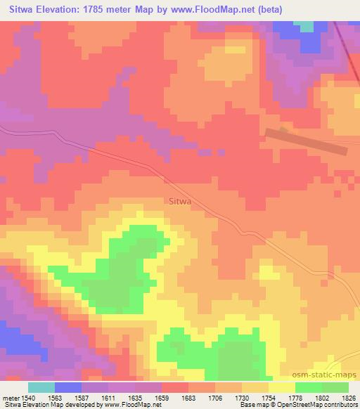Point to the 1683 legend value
[x=188, y=398]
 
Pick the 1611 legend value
[x=108, y=398]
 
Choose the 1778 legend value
[x=295, y=398]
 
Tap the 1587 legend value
[x=82, y=398]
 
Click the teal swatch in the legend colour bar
[x=41, y=387]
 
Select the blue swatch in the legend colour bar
[x=68, y=387]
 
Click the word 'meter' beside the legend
[x=9, y=398]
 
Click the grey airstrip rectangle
[x=306, y=141]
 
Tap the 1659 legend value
[x=162, y=398]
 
